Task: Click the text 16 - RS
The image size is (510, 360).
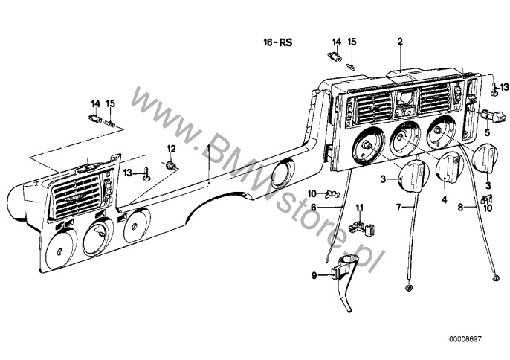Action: pyautogui.click(x=278, y=42)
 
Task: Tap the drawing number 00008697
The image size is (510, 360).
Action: pyautogui.click(x=465, y=339)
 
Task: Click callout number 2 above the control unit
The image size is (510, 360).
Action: pyautogui.click(x=400, y=42)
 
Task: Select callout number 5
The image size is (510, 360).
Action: pyautogui.click(x=487, y=132)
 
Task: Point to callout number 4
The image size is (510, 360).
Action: pyautogui.click(x=445, y=199)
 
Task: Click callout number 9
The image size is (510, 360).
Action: pyautogui.click(x=314, y=276)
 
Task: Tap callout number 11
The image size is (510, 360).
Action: pyautogui.click(x=359, y=208)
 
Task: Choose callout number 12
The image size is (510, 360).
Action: pyautogui.click(x=172, y=149)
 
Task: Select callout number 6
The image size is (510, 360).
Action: pyautogui.click(x=314, y=207)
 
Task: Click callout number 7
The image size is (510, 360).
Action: pyautogui.click(x=398, y=207)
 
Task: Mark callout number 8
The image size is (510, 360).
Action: pyautogui.click(x=460, y=207)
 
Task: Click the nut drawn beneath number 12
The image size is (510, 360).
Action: pyautogui.click(x=170, y=165)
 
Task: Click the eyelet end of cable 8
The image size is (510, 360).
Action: pyautogui.click(x=496, y=278)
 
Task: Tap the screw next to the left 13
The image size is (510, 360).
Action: pyautogui.click(x=147, y=174)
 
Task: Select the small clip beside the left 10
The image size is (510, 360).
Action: pyautogui.click(x=332, y=194)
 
